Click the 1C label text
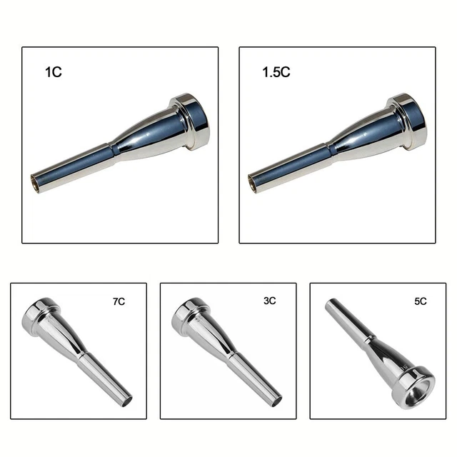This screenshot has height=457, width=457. [53, 72]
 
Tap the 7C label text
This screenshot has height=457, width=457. [118, 302]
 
